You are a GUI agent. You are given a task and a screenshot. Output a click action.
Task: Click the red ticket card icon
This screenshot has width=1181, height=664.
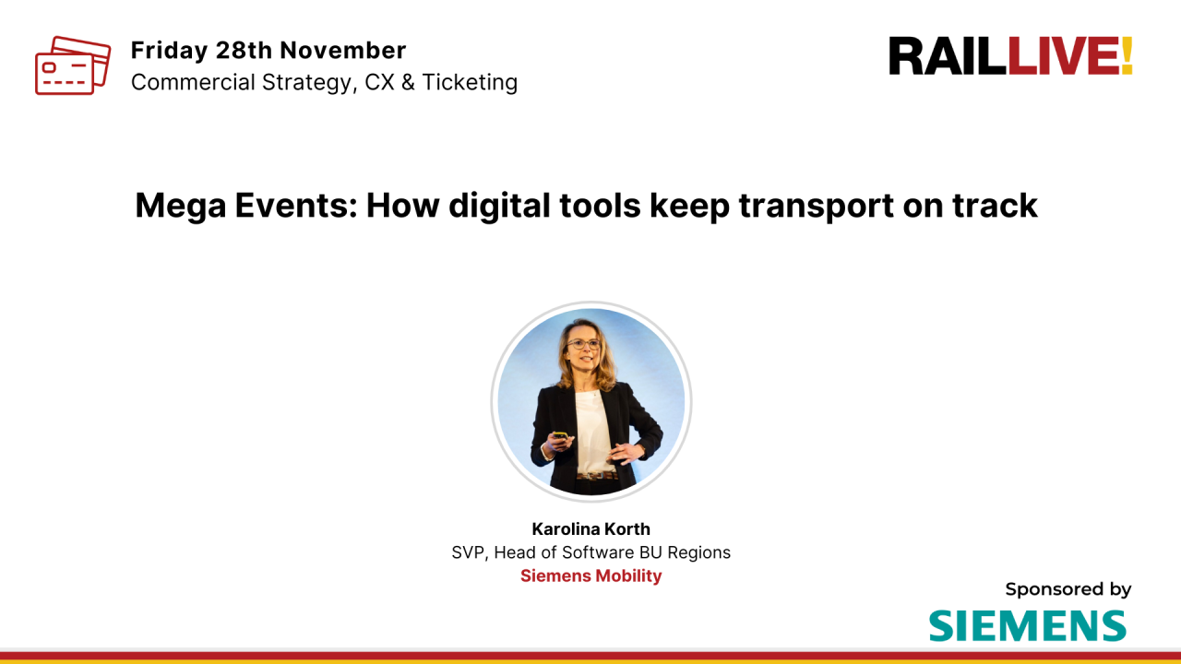72,65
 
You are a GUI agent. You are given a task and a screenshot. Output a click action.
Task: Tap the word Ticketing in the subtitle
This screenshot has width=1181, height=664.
470,82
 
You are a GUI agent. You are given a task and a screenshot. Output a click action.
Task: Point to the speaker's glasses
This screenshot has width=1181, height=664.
583,345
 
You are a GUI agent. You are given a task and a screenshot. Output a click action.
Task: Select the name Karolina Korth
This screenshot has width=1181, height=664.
590,529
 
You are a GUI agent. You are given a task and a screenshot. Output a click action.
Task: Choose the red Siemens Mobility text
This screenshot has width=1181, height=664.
590,575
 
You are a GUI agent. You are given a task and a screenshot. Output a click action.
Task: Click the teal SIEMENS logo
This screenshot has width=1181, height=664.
1027,625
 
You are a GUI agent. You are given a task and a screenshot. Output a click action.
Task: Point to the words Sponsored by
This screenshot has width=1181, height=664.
1068,589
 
